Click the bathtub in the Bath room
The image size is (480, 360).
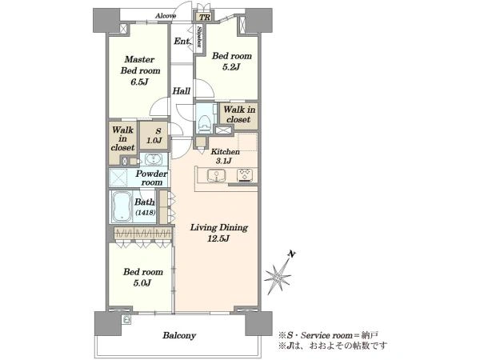click(122, 206)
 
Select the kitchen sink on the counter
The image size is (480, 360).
click(216, 175)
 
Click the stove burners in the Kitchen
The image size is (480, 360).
click(245, 175)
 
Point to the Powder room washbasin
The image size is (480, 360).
click(152, 159)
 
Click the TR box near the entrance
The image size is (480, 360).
click(204, 17)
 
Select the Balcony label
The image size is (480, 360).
click(179, 335)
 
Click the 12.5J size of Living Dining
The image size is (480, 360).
click(218, 238)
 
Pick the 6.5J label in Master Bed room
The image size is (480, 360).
click(139, 82)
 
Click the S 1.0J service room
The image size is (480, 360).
click(154, 136)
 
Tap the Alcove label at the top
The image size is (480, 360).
click(166, 16)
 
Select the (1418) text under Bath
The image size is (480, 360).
click(145, 212)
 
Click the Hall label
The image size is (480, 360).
click(182, 90)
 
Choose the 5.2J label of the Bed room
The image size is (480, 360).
click(231, 66)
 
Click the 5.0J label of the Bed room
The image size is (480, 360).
click(142, 283)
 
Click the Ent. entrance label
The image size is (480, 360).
click(182, 41)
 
